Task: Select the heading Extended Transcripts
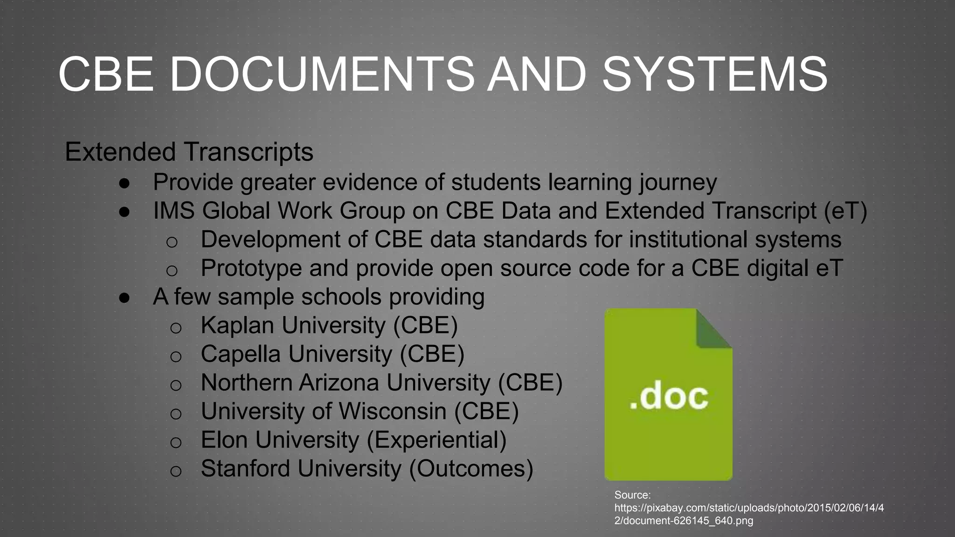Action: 189,152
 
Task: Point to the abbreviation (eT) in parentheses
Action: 845,211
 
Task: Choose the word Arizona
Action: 339,383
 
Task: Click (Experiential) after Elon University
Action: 436,440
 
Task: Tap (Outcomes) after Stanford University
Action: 471,468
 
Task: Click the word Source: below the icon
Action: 632,495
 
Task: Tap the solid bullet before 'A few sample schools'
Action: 125,297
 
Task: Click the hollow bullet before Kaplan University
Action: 175,328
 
